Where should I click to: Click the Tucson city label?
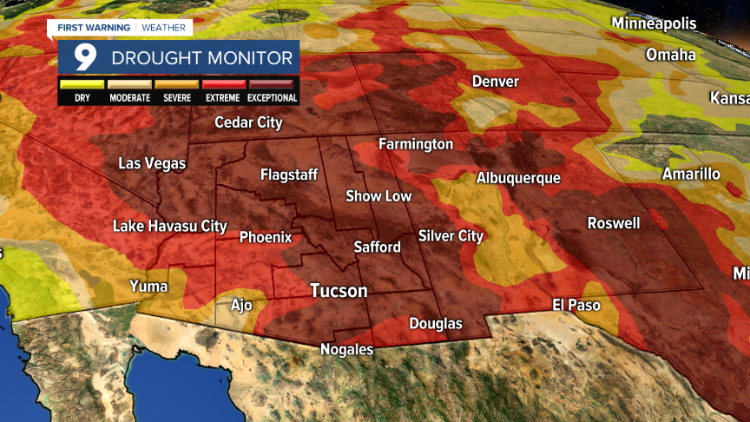pyautogui.click(x=339, y=291)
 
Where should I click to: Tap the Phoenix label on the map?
pyautogui.click(x=266, y=237)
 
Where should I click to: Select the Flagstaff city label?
pyautogui.click(x=289, y=175)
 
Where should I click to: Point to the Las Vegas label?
pyautogui.click(x=152, y=163)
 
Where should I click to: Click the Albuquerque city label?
pyautogui.click(x=517, y=178)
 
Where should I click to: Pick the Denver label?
pyautogui.click(x=495, y=82)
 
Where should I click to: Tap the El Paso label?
pyautogui.click(x=576, y=305)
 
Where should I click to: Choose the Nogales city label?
pyautogui.click(x=347, y=350)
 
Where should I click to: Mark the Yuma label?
pyautogui.click(x=148, y=286)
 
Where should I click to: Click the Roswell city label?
pyautogui.click(x=614, y=223)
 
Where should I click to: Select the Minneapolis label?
pyautogui.click(x=654, y=23)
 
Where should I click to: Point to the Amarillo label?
pyautogui.click(x=691, y=174)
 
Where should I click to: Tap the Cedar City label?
pyautogui.click(x=248, y=122)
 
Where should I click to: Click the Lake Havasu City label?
pyautogui.click(x=170, y=227)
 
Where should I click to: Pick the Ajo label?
pyautogui.click(x=240, y=305)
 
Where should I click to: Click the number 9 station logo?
pyautogui.click(x=84, y=58)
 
